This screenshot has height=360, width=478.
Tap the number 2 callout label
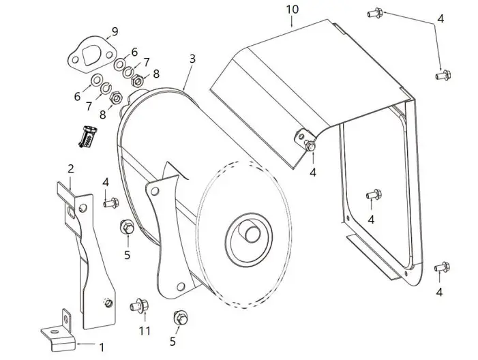(70, 168)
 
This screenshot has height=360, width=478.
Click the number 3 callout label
(192, 59)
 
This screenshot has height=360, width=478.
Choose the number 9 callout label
(115, 31)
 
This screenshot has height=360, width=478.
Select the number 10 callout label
(293, 9)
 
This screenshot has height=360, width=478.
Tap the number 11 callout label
(143, 332)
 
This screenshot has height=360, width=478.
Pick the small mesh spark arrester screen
(85, 136)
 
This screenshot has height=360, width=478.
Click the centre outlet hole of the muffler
(250, 232)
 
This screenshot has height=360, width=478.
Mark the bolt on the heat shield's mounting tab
(311, 146)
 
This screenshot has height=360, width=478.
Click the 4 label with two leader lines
(440, 19)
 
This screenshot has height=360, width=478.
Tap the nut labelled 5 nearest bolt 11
(181, 316)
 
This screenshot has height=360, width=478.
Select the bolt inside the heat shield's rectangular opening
(372, 195)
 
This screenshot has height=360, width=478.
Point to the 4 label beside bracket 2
(106, 181)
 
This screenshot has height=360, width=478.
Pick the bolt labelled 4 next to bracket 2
(109, 202)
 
